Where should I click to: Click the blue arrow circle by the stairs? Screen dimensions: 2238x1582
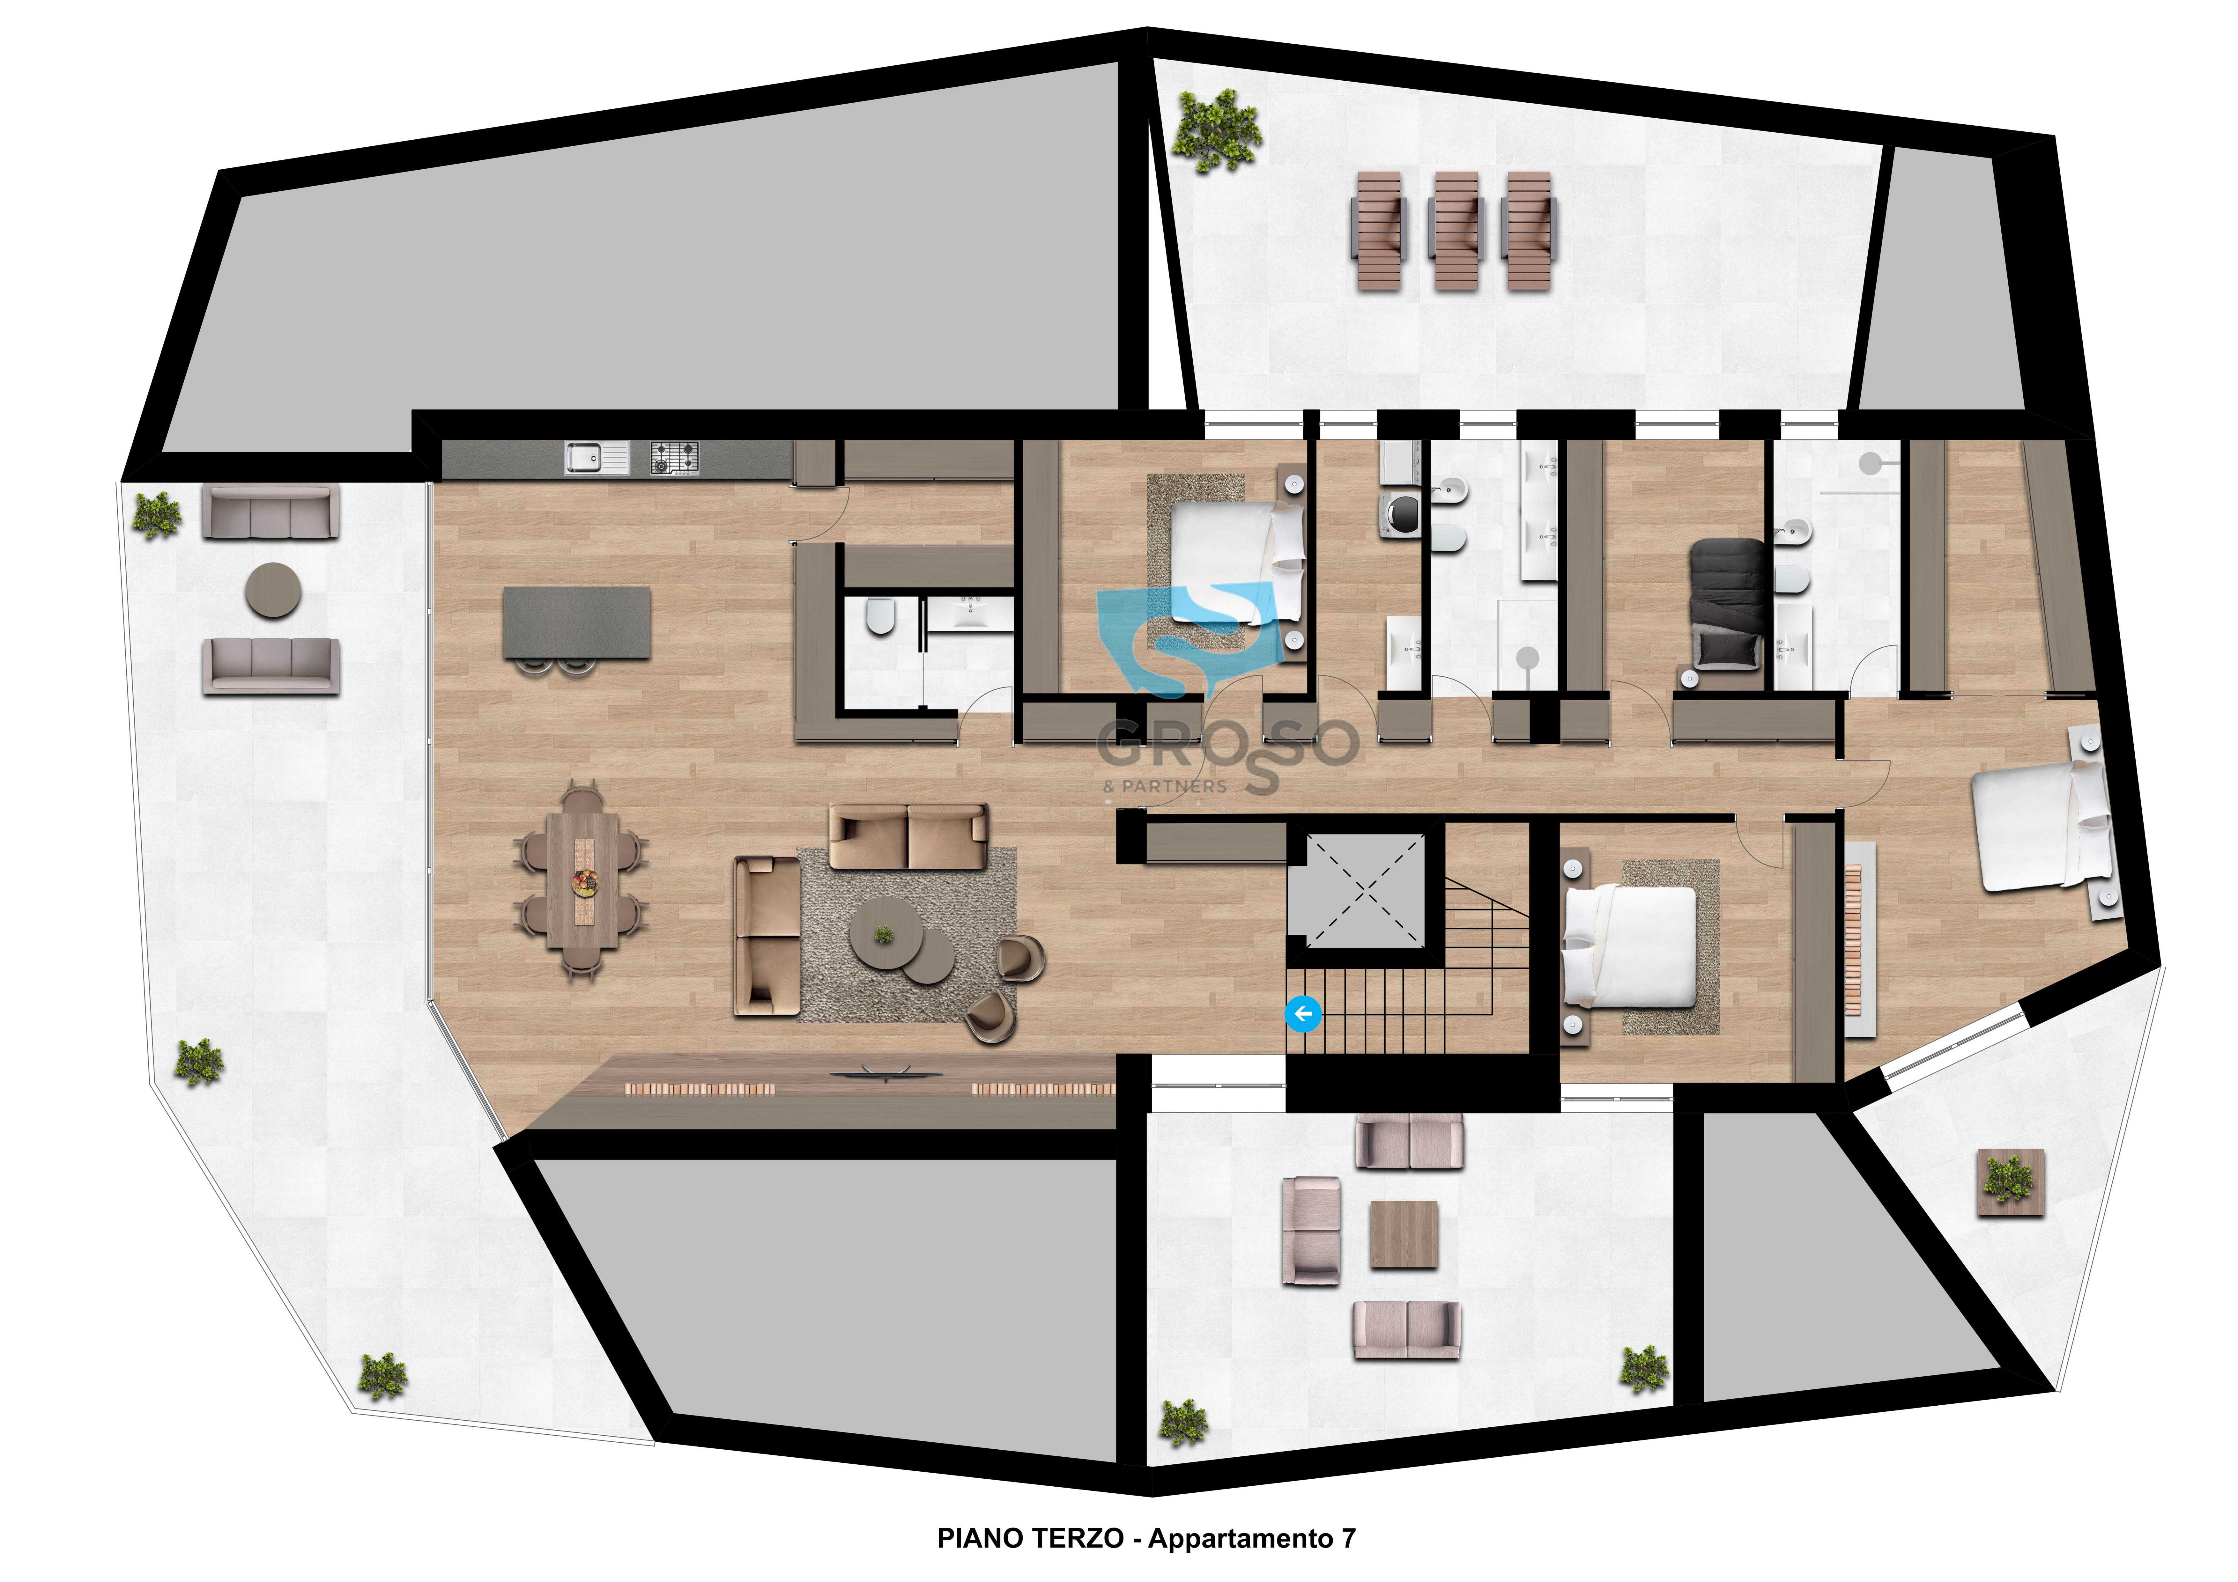click(1303, 1014)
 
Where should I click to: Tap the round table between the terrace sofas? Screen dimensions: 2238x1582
click(273, 590)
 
